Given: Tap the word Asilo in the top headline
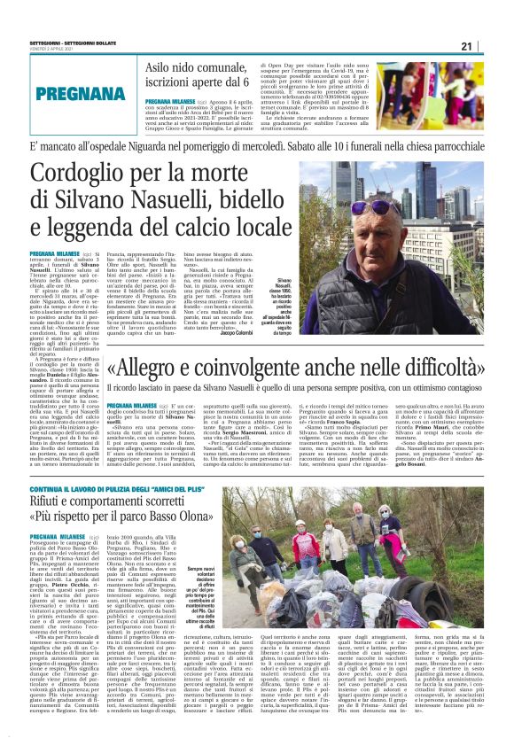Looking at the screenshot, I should [161, 69].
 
